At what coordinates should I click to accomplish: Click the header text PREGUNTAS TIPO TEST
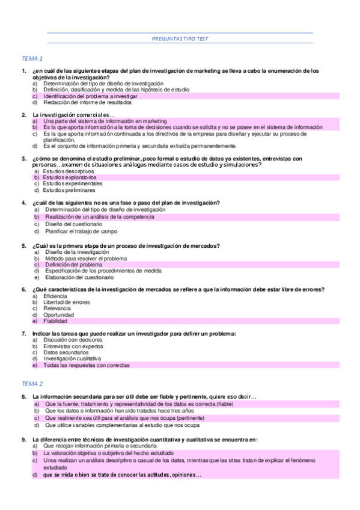click(x=180, y=38)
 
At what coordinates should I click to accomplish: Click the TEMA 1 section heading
click(x=32, y=58)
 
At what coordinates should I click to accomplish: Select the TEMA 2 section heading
click(x=32, y=383)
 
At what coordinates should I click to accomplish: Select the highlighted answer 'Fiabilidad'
click(x=55, y=321)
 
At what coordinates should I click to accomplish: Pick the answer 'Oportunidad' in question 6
click(x=59, y=315)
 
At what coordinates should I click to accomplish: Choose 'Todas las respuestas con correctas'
click(x=87, y=365)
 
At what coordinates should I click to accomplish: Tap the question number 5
click(x=23, y=245)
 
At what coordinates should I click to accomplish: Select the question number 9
click(x=23, y=439)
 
